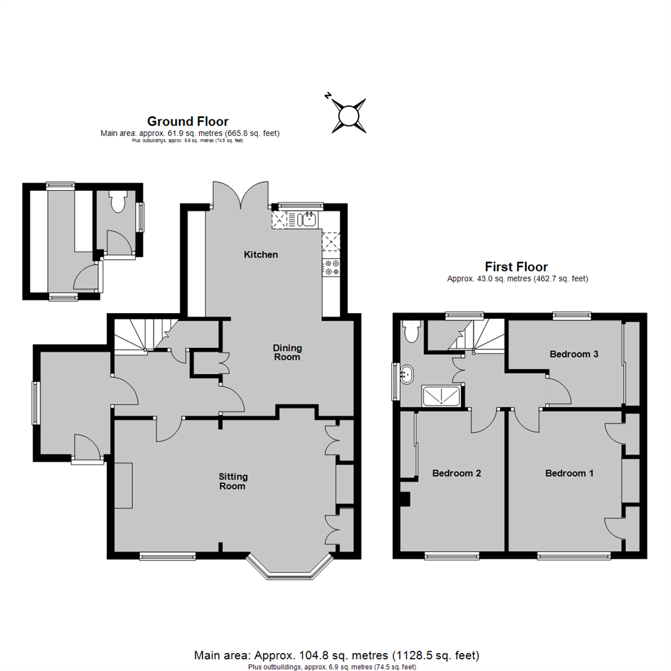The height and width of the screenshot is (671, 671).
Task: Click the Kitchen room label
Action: (x=261, y=255)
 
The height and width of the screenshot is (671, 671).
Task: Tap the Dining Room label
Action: (x=287, y=352)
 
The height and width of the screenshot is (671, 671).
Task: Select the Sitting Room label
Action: (x=233, y=481)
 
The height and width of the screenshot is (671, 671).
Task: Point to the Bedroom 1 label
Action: (x=569, y=473)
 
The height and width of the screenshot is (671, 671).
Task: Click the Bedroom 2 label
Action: (x=457, y=473)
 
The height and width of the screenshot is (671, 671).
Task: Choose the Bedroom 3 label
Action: (x=574, y=354)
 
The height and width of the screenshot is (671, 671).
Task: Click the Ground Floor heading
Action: (x=188, y=121)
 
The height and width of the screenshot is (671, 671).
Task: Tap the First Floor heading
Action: (x=517, y=267)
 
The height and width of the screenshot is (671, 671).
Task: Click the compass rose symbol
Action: (x=348, y=115)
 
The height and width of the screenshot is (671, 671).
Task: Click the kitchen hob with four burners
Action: (x=331, y=267)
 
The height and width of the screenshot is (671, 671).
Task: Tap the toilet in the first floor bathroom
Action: (x=410, y=332)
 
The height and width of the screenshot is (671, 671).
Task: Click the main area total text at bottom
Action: (x=337, y=655)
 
